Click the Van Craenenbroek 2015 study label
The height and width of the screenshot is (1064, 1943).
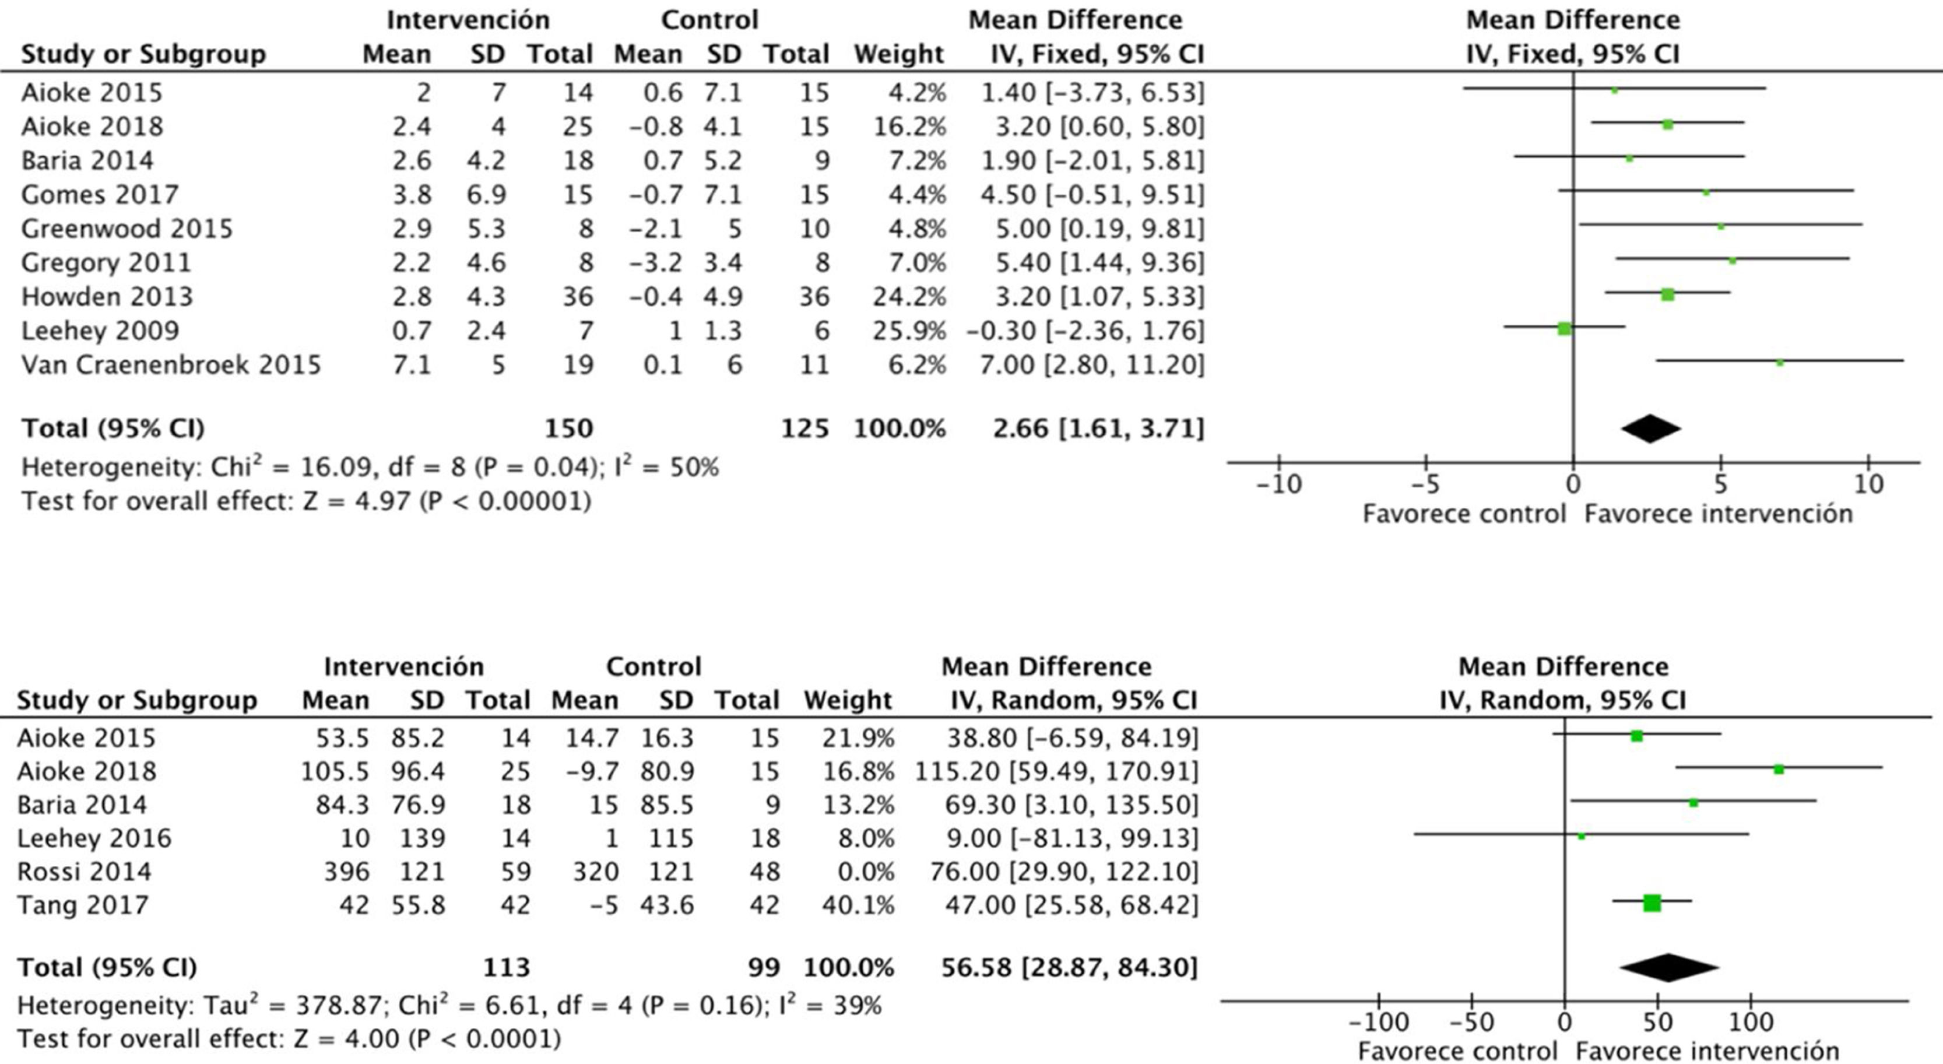(170, 365)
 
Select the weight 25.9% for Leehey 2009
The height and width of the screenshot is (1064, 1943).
(909, 331)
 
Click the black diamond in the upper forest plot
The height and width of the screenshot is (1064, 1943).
(1650, 429)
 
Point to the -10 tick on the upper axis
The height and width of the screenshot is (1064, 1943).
(1279, 483)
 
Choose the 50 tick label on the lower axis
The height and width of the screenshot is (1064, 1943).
(1658, 1023)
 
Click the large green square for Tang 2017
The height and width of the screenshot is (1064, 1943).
(1652, 903)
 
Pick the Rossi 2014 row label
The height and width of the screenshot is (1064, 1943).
(84, 872)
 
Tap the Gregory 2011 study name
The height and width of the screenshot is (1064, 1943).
(106, 263)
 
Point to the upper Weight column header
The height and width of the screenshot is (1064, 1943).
(898, 54)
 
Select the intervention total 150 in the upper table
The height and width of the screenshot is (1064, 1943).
(569, 429)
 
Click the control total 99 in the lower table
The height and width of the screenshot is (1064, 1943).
(764, 967)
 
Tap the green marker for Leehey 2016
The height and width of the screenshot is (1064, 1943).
(1582, 835)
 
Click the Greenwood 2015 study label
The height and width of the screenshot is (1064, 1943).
(127, 229)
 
